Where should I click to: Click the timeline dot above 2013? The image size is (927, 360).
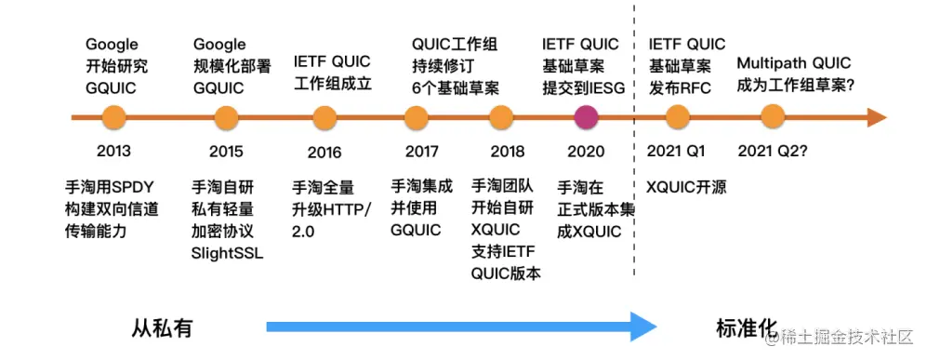113,117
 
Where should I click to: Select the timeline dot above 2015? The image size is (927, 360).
226,117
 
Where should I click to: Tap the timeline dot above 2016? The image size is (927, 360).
324,117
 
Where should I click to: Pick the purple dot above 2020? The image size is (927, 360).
586,117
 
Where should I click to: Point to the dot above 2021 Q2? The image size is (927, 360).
772,117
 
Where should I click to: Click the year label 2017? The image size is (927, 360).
422,152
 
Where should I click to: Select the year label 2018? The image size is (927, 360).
508,152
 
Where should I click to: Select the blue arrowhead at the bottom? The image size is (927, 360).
642,327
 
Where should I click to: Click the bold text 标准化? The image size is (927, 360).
745,327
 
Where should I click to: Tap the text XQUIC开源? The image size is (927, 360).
686,187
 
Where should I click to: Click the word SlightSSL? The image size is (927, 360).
227,252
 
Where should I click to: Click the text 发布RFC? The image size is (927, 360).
679,87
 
